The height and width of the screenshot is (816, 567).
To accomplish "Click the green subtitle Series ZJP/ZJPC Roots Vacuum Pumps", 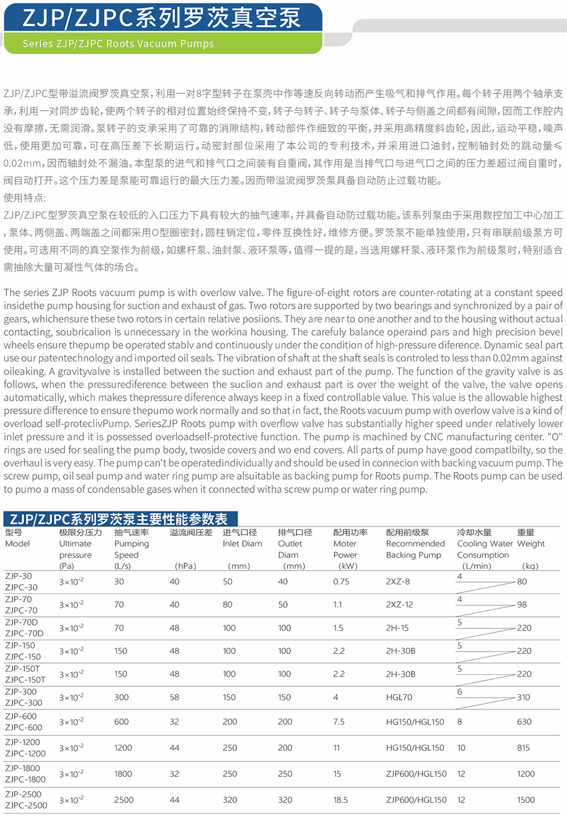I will click(118, 44).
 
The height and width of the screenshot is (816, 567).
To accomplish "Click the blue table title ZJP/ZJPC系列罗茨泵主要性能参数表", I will click(119, 519).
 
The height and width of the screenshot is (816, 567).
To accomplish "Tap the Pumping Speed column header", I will click(132, 549).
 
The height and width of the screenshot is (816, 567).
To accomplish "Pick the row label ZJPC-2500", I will click(26, 805).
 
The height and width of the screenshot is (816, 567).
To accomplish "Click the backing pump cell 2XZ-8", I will click(398, 581).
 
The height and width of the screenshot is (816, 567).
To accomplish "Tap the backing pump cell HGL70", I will click(399, 697).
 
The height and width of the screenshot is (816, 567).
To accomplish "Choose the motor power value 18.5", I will click(340, 800).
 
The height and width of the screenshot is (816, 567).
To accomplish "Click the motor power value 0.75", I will click(341, 581).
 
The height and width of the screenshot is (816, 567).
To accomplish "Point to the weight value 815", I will click(523, 748).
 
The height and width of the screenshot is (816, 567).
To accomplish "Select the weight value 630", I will click(524, 722).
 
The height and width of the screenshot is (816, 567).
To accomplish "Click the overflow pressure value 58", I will click(175, 697).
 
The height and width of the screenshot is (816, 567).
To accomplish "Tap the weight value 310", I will click(523, 697).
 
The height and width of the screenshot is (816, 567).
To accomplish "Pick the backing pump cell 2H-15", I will click(397, 628).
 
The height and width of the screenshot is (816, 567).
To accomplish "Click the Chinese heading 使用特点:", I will click(25, 198).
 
